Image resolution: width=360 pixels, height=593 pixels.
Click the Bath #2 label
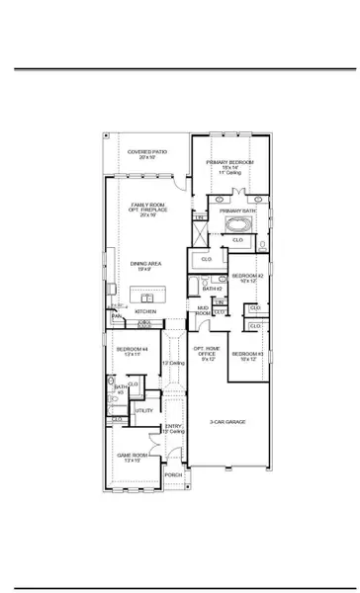(x=211, y=289)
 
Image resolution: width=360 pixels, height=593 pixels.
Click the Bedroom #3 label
(x=245, y=356)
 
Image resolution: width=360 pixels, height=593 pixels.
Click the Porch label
(x=173, y=474)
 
